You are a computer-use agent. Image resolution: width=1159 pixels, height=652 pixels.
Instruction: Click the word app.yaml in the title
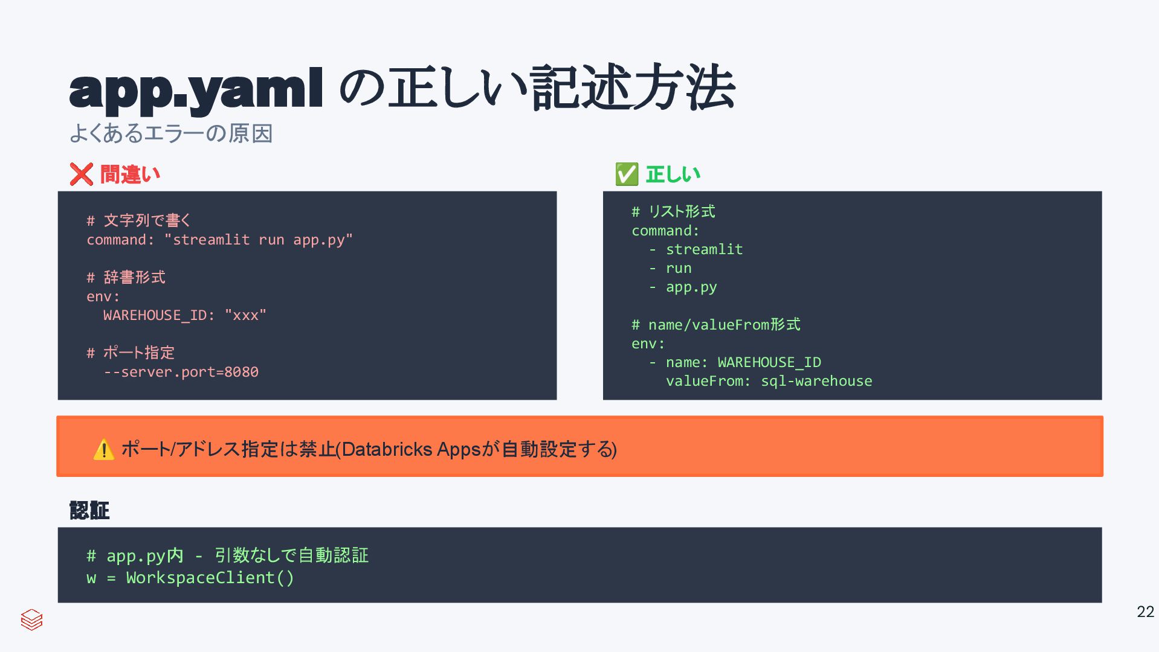[196, 89]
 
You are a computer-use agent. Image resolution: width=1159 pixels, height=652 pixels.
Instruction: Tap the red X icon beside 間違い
[81, 174]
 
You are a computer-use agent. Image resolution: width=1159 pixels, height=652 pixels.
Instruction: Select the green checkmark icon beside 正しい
[627, 174]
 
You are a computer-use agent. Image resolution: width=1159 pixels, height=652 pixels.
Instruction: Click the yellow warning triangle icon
[104, 450]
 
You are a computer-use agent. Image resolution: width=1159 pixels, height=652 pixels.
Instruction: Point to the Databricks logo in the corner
[31, 619]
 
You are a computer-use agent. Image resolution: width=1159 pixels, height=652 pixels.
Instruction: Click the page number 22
[1145, 612]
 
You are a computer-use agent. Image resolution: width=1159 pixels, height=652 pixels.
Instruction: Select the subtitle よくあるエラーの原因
[171, 133]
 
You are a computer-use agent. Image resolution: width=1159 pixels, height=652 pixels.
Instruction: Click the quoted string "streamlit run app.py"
[259, 240]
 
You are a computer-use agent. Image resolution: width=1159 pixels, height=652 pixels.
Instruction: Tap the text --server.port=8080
[181, 372]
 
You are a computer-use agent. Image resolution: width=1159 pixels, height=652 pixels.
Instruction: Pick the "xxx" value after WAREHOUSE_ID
[245, 315]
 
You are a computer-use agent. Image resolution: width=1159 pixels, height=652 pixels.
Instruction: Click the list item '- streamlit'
[696, 249]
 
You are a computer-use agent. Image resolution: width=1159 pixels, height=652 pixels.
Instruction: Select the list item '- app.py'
[683, 287]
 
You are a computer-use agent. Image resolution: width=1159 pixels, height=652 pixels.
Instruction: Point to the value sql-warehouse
[816, 381]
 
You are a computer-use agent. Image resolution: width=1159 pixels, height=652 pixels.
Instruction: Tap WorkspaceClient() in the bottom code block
[210, 578]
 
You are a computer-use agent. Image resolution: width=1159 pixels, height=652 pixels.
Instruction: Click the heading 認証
[89, 511]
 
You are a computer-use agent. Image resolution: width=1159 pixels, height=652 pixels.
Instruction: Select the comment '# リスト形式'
[673, 211]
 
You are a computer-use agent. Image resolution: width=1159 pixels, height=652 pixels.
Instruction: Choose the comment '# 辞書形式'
[126, 277]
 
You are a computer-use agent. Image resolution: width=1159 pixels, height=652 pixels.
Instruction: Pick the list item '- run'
[671, 268]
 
